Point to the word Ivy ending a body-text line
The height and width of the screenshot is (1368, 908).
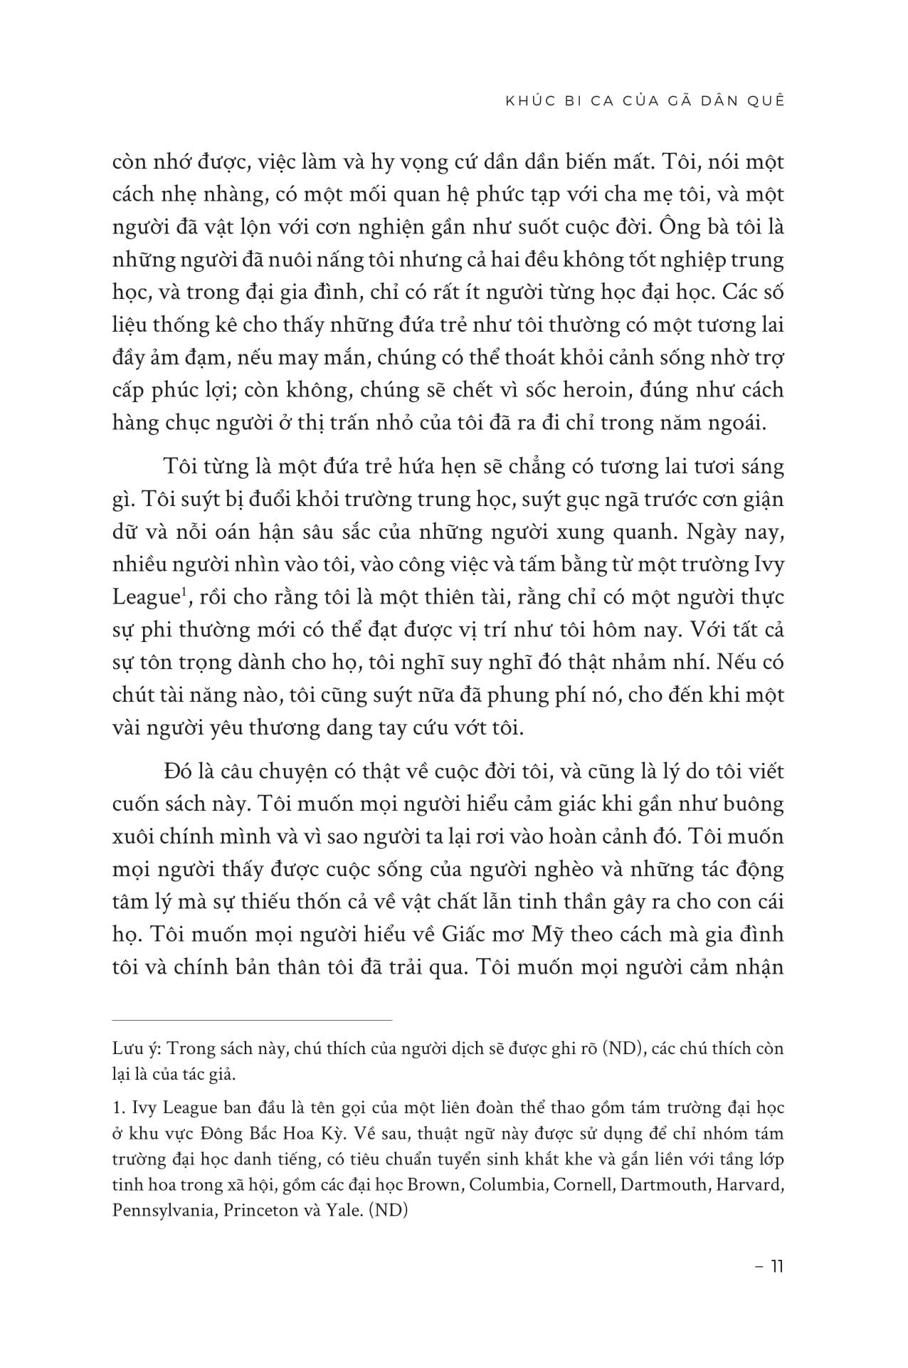click(x=766, y=564)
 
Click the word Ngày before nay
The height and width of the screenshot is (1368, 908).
click(x=688, y=531)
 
